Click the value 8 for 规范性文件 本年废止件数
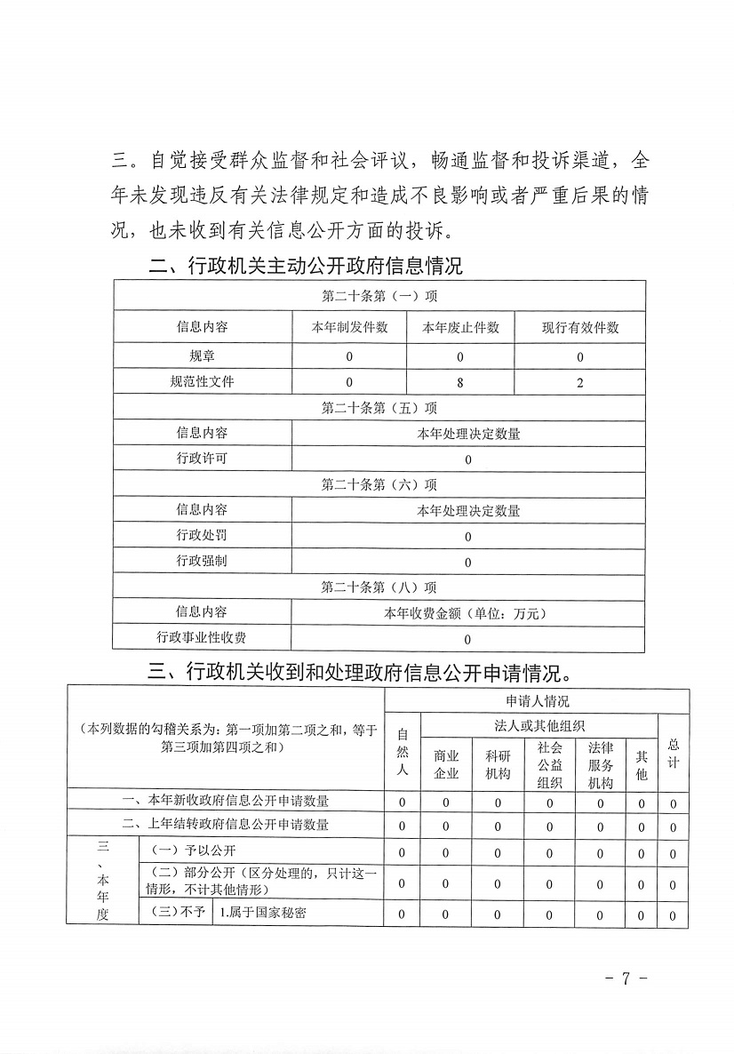coord(460,382)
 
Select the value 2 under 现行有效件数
coord(580,382)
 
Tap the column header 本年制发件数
coord(349,327)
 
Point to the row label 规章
coord(202,356)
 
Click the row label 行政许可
coord(202,459)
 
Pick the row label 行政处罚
coord(202,535)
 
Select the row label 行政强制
coord(202,561)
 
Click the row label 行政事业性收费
coord(202,638)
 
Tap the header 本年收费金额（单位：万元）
coord(468,613)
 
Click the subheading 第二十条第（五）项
coord(379,408)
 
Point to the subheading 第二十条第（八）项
coord(379,587)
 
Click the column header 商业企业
coord(446,764)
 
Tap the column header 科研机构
coord(498,764)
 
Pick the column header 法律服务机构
coord(601,764)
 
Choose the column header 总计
coord(673,752)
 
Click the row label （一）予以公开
coord(182,851)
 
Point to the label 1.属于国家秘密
coord(264,914)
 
